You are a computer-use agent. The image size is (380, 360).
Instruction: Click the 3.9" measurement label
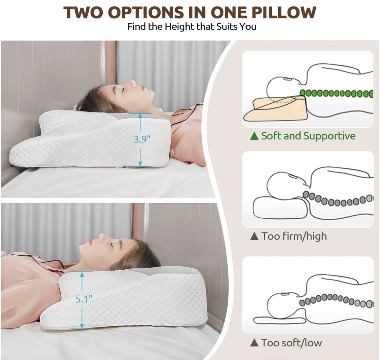tap(142, 139)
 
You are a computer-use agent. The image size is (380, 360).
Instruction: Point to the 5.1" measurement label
tap(84, 299)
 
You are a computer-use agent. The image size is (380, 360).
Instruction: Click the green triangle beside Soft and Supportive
tap(254, 136)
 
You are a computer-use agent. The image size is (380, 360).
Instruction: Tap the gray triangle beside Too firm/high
tap(254, 236)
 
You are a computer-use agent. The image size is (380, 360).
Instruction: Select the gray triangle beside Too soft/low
tap(254, 343)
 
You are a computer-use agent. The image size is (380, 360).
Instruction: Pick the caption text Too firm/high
tap(294, 236)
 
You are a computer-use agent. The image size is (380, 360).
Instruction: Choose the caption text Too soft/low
tap(292, 343)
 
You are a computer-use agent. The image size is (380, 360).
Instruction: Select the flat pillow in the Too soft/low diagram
tap(279, 320)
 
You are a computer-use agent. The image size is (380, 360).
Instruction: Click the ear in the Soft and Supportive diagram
tap(288, 79)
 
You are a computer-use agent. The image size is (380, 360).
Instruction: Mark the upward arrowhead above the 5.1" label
tap(82, 274)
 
